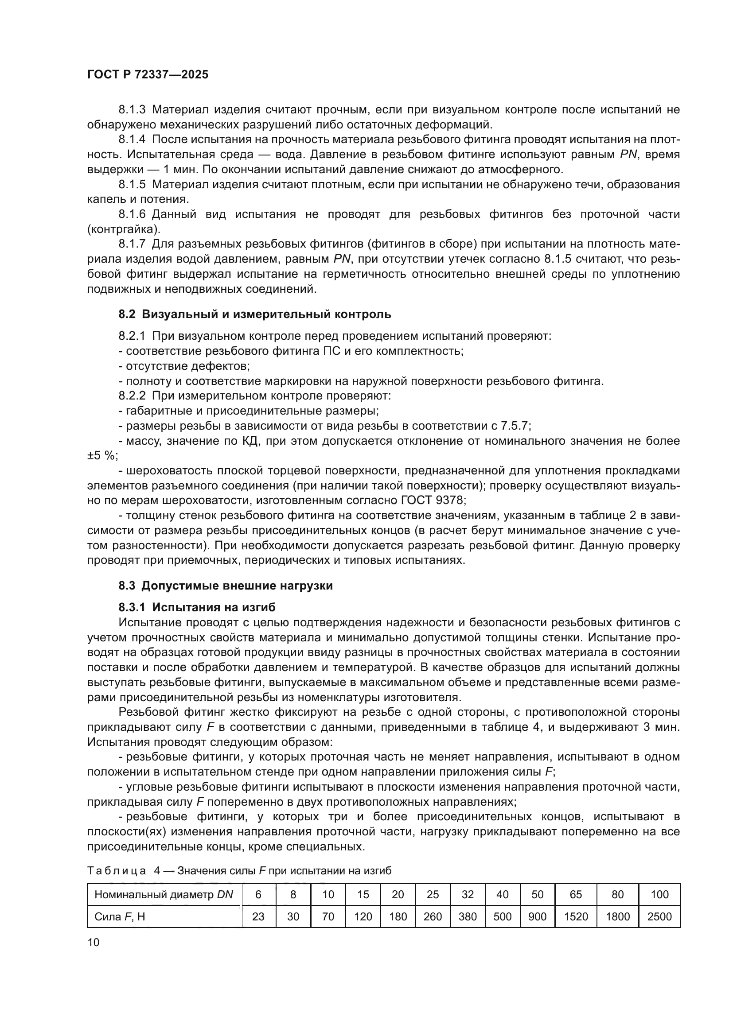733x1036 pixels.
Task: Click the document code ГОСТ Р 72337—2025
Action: pos(148,75)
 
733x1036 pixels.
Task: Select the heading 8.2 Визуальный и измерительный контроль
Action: pos(254,314)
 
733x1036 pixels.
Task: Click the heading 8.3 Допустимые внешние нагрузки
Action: pos(226,586)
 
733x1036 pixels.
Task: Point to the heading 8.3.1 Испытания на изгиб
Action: pos(197,607)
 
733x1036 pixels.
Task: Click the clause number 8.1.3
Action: pos(132,110)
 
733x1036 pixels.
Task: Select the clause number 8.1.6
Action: pos(132,214)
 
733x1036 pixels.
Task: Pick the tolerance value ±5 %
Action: pos(102,456)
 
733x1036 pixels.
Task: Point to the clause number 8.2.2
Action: pos(132,396)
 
